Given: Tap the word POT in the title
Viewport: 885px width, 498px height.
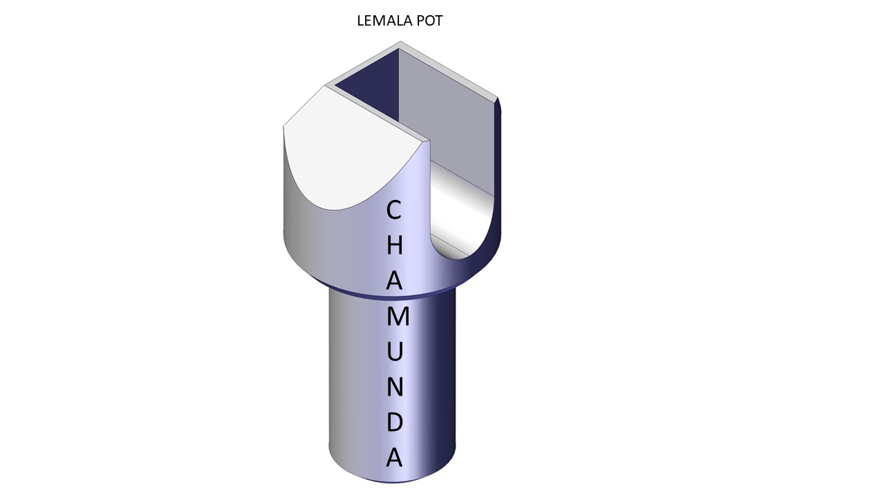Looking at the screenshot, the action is pyautogui.click(x=429, y=21).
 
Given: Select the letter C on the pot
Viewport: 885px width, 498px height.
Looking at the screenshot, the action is pyautogui.click(x=394, y=210).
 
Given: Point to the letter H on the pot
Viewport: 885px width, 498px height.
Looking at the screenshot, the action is pyautogui.click(x=394, y=246).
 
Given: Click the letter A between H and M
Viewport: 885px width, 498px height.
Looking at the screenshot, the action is pyautogui.click(x=394, y=281).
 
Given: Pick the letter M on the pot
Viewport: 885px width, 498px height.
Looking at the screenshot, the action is pyautogui.click(x=398, y=317).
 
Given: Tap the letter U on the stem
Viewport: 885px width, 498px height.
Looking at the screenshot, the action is pyautogui.click(x=395, y=352).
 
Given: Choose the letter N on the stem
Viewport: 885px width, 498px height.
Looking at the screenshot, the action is pyautogui.click(x=395, y=387).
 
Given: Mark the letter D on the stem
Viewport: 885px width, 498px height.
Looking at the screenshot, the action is pyautogui.click(x=394, y=422).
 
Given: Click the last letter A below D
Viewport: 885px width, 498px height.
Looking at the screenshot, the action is pyautogui.click(x=394, y=458).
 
